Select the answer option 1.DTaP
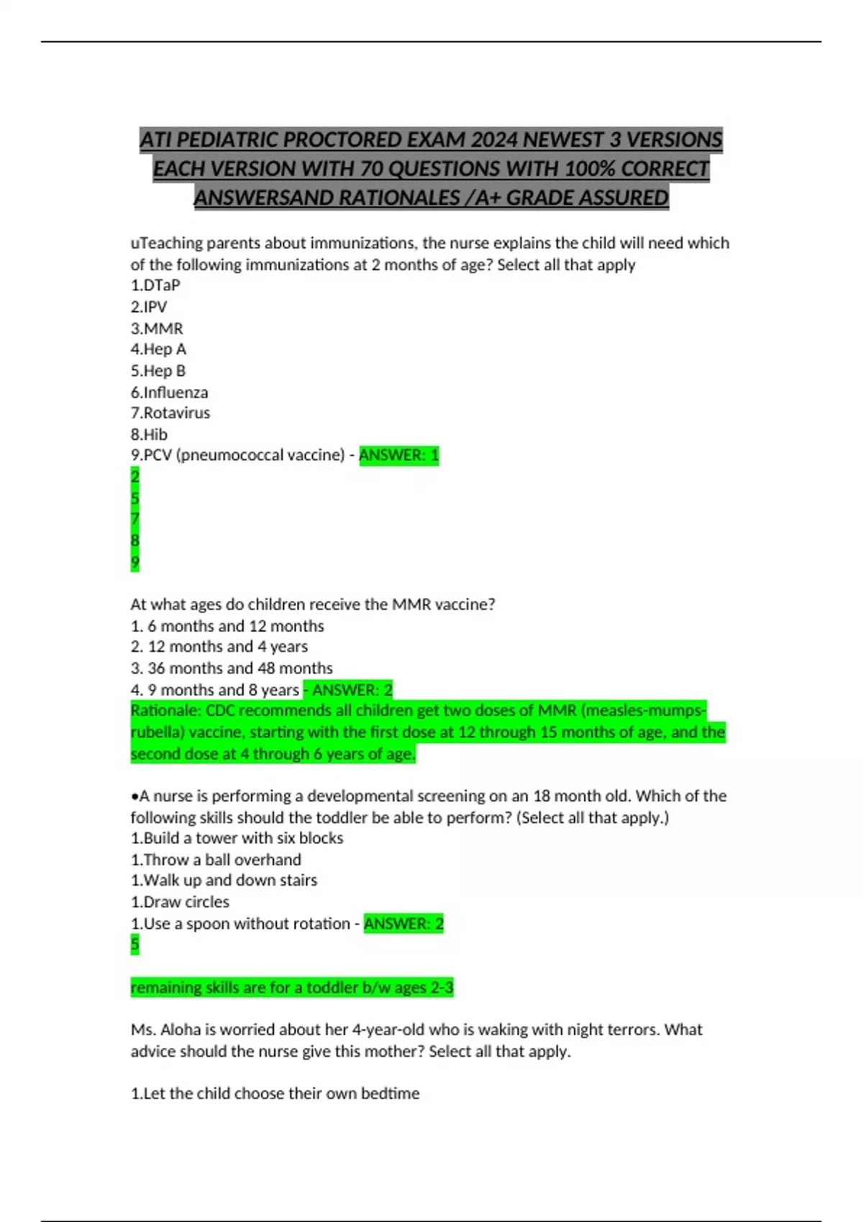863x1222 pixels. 155,285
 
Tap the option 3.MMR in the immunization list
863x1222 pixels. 157,329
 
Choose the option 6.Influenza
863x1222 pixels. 169,392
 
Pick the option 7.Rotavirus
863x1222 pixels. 170,413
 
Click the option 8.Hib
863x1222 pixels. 149,434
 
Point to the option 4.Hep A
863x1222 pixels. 158,349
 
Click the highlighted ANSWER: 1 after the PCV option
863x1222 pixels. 398,455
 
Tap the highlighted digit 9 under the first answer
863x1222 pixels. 135,561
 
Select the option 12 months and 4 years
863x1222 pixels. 219,647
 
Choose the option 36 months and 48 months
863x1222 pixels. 232,669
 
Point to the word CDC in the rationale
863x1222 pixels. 219,711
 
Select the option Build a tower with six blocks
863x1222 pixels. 237,838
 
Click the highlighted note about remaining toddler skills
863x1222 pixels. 292,988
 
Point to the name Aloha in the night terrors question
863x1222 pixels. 181,1030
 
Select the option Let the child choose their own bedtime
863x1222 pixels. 275,1093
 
